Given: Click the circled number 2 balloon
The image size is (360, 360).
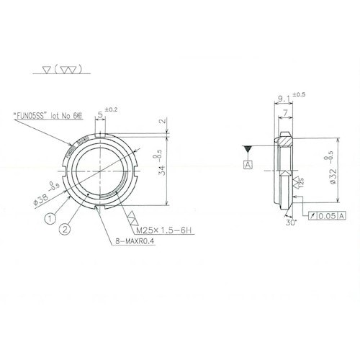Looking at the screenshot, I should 65,230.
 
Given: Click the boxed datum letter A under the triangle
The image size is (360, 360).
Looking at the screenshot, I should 248,165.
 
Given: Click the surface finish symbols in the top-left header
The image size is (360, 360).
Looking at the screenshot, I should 62,71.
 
